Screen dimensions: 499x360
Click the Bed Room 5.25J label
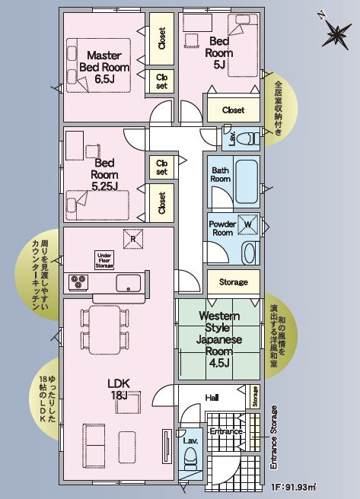[104, 174]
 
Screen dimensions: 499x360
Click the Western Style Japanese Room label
[220, 335]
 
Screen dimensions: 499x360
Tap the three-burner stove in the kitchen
[79, 281]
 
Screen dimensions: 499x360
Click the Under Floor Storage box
[104, 259]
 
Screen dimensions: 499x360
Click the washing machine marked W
[248, 225]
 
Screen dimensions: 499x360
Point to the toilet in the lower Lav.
[191, 459]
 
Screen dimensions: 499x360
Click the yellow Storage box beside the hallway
[233, 282]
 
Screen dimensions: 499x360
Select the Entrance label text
[226, 431]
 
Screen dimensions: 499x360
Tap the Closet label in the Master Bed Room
[162, 40]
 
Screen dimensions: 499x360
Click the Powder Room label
[222, 228]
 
